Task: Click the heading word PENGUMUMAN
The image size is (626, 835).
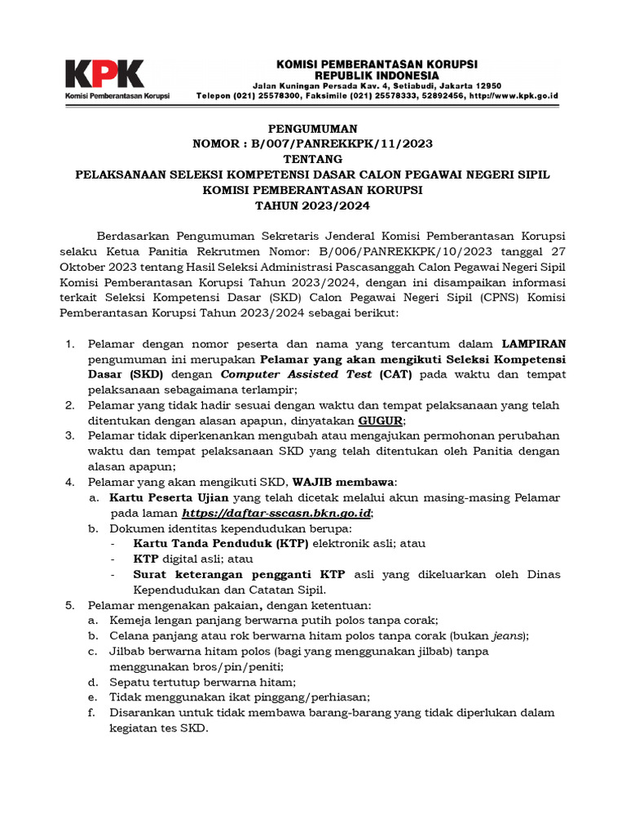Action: [312, 129]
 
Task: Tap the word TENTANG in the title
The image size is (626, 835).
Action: [312, 159]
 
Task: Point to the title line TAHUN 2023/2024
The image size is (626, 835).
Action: [312, 205]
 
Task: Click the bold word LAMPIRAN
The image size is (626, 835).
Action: [534, 344]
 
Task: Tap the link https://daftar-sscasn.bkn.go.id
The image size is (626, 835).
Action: [277, 513]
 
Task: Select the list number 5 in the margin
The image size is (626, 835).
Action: [70, 605]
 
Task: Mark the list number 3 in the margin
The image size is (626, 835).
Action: [70, 436]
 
